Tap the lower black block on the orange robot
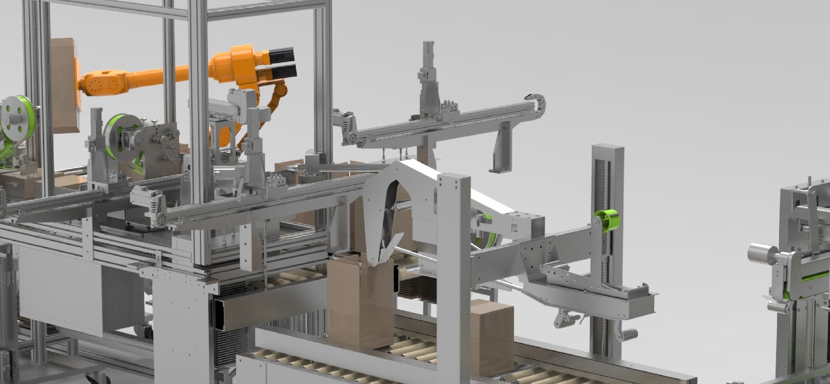[283, 70]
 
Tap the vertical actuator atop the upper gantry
[429, 76]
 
